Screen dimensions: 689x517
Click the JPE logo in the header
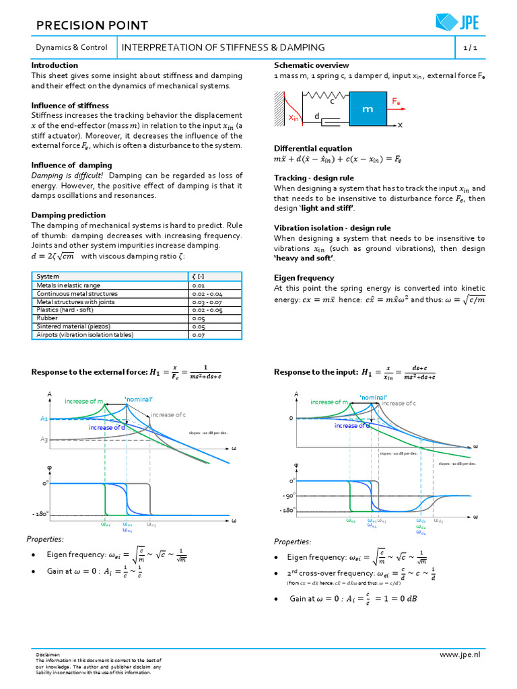coord(457,22)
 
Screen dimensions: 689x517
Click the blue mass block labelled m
coord(368,109)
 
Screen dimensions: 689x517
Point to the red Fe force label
coord(397,101)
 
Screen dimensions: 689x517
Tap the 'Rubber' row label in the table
coord(47,318)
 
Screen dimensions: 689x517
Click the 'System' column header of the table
coord(48,277)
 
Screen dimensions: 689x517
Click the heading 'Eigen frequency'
coord(304,278)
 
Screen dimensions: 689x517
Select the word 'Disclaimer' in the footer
coord(48,654)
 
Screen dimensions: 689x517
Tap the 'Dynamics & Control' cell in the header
coord(71,48)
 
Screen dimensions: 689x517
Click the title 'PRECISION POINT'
coord(92,26)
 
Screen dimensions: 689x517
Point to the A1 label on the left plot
coord(44,419)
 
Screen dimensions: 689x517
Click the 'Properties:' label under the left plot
coord(45,539)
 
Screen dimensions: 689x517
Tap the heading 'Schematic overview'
coord(311,65)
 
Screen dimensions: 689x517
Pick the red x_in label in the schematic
coord(294,118)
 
